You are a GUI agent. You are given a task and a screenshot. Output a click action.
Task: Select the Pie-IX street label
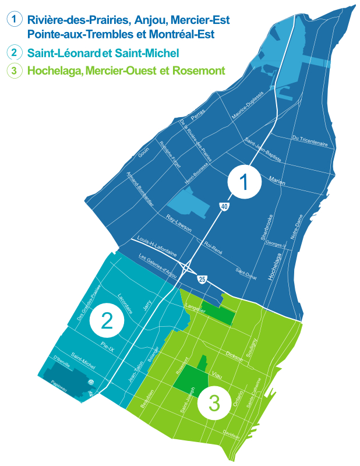coord(110,346)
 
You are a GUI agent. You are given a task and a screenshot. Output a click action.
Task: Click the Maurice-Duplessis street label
coord(248,105)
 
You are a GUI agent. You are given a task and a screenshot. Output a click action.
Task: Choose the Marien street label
coord(277,181)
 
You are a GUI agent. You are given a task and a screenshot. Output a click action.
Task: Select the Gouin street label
coord(143,152)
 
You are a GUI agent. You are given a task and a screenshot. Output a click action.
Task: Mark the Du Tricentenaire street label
coord(310,140)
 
